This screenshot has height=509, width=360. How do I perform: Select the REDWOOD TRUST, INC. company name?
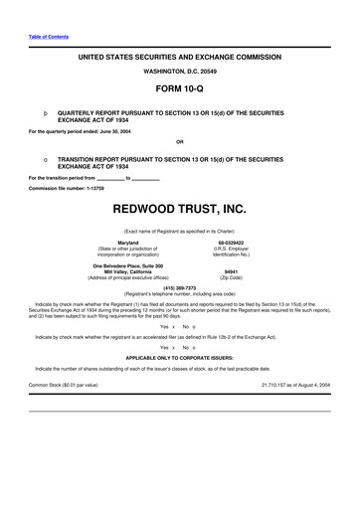pos(179,211)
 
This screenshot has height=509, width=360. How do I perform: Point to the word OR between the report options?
pos(179,140)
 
